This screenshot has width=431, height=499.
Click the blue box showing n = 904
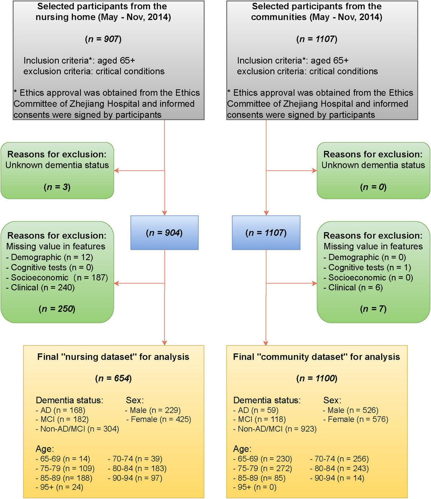tap(164, 233)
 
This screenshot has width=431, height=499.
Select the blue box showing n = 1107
tap(266, 233)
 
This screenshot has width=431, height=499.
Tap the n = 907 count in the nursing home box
tap(103, 39)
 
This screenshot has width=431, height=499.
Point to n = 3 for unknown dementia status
tap(57, 187)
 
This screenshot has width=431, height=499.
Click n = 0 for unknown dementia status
tap(373, 187)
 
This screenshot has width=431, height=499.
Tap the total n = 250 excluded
tap(57, 309)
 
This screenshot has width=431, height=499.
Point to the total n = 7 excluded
tap(373, 309)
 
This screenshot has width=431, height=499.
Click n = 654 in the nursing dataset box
tap(113, 378)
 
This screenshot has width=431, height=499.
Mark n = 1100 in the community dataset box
tap(317, 378)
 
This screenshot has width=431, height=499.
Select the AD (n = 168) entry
tap(60, 410)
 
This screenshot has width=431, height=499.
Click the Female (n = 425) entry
tap(158, 419)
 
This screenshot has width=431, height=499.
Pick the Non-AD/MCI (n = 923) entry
tap(275, 429)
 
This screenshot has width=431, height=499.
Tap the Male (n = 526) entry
tap(351, 410)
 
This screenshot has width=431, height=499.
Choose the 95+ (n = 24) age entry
tap(59, 487)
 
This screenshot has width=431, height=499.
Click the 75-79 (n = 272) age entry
tap(263, 468)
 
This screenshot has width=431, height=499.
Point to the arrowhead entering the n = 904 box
tap(164, 213)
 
